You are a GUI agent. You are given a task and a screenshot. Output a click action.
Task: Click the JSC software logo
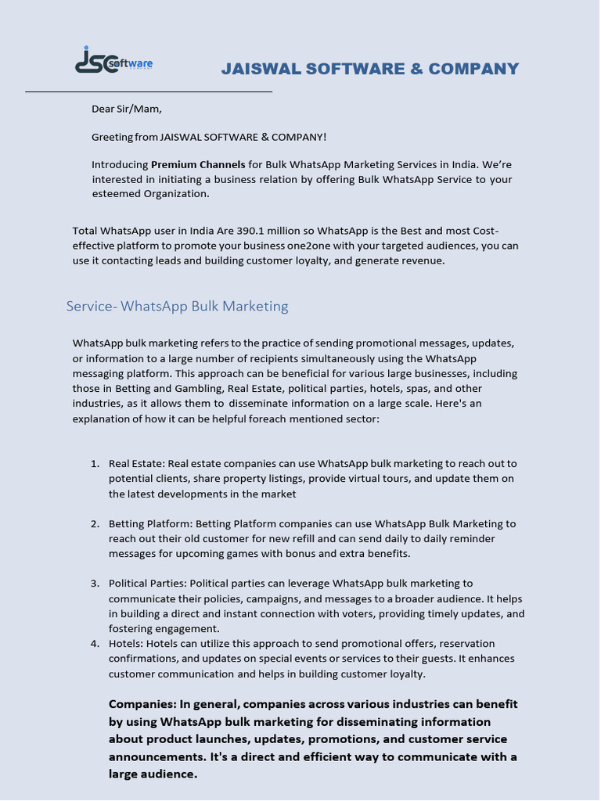[x=113, y=60]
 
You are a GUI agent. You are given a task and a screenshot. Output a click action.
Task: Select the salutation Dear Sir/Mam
[x=127, y=109]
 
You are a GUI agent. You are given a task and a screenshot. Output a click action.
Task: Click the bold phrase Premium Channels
[x=198, y=165]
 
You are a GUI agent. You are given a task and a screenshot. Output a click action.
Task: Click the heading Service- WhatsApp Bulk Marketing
[x=178, y=306]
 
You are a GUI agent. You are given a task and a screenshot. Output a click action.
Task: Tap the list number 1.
[x=94, y=464]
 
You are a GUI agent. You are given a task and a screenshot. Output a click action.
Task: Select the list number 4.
[x=94, y=644]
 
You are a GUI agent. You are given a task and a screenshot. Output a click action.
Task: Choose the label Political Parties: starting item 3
[x=148, y=584]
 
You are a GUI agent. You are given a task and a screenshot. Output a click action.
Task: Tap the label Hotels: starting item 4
[x=126, y=644]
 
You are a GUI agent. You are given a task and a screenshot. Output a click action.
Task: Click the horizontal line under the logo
[x=149, y=92]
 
